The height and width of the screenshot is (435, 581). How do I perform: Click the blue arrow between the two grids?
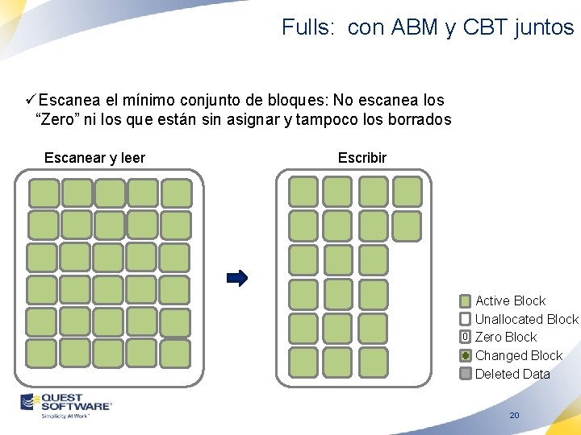pyautogui.click(x=237, y=279)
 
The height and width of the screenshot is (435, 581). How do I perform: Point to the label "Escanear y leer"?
pyautogui.click(x=94, y=158)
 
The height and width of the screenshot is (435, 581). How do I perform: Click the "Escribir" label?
pyautogui.click(x=362, y=158)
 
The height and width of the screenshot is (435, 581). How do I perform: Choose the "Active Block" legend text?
pyautogui.click(x=510, y=300)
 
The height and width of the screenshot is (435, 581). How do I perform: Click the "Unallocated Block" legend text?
pyautogui.click(x=526, y=319)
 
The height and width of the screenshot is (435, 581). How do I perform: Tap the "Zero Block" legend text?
pyautogui.click(x=505, y=337)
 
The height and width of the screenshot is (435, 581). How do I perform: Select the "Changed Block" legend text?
pyautogui.click(x=518, y=355)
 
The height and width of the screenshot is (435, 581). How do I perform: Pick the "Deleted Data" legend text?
pyautogui.click(x=512, y=374)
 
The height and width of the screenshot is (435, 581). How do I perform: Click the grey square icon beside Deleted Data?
pyautogui.click(x=466, y=374)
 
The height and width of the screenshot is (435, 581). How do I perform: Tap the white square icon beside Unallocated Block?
pyautogui.click(x=466, y=319)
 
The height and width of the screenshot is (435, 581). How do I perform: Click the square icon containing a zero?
pyautogui.click(x=466, y=337)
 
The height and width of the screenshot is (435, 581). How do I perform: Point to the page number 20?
pyautogui.click(x=514, y=416)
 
